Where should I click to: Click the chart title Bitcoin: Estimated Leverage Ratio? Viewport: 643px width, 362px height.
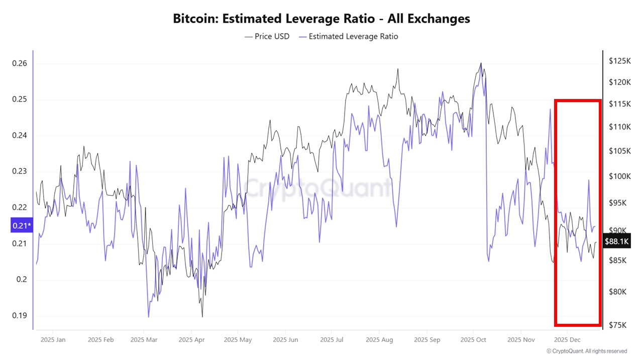[x=321, y=19]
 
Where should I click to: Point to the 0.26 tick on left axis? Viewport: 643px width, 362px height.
[x=20, y=63]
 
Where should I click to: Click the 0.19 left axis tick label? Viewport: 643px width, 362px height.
[x=20, y=316]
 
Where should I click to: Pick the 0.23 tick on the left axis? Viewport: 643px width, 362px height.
[x=20, y=171]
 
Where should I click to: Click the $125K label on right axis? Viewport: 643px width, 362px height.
[x=619, y=61]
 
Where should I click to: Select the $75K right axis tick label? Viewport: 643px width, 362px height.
[x=618, y=325]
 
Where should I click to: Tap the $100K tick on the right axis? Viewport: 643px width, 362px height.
[x=619, y=176]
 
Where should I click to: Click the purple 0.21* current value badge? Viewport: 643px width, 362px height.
[x=22, y=226]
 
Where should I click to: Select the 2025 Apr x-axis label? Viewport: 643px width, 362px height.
[x=192, y=340]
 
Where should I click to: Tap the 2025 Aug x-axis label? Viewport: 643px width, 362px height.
[x=379, y=340]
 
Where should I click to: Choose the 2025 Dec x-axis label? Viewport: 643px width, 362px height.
[x=567, y=340]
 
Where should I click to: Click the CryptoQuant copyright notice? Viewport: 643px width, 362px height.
[x=587, y=351]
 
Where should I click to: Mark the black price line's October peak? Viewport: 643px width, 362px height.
[x=481, y=63]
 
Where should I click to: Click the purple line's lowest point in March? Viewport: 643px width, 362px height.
[x=149, y=317]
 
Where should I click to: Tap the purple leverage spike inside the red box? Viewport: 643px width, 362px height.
[x=588, y=180]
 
